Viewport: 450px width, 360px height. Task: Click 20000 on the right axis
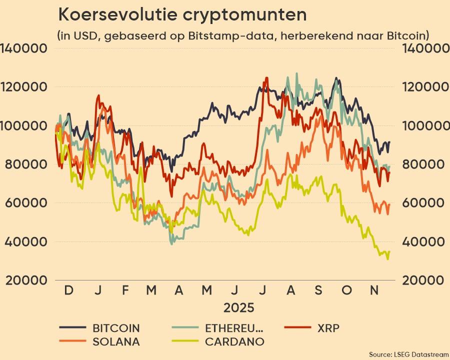coord(422,280)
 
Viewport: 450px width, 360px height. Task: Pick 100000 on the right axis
coord(422,125)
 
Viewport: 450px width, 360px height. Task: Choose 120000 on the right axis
coord(422,87)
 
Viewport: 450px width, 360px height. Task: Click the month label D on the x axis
coord(68,290)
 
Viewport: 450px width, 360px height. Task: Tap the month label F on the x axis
coord(125,290)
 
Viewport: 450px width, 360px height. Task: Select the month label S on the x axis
coord(318,290)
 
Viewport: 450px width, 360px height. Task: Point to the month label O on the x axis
coord(346,290)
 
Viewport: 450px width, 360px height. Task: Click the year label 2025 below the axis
coord(239,306)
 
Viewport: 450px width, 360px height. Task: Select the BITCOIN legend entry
coord(115,328)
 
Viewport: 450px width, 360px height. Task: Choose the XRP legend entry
coord(328,328)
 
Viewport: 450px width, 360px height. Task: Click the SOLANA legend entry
coord(115,342)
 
